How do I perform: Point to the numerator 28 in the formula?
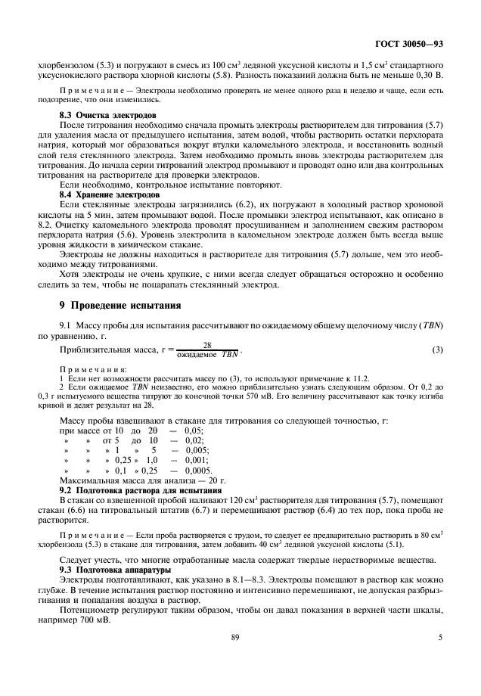click(x=206, y=344)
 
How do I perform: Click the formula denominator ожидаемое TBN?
click(x=207, y=354)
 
